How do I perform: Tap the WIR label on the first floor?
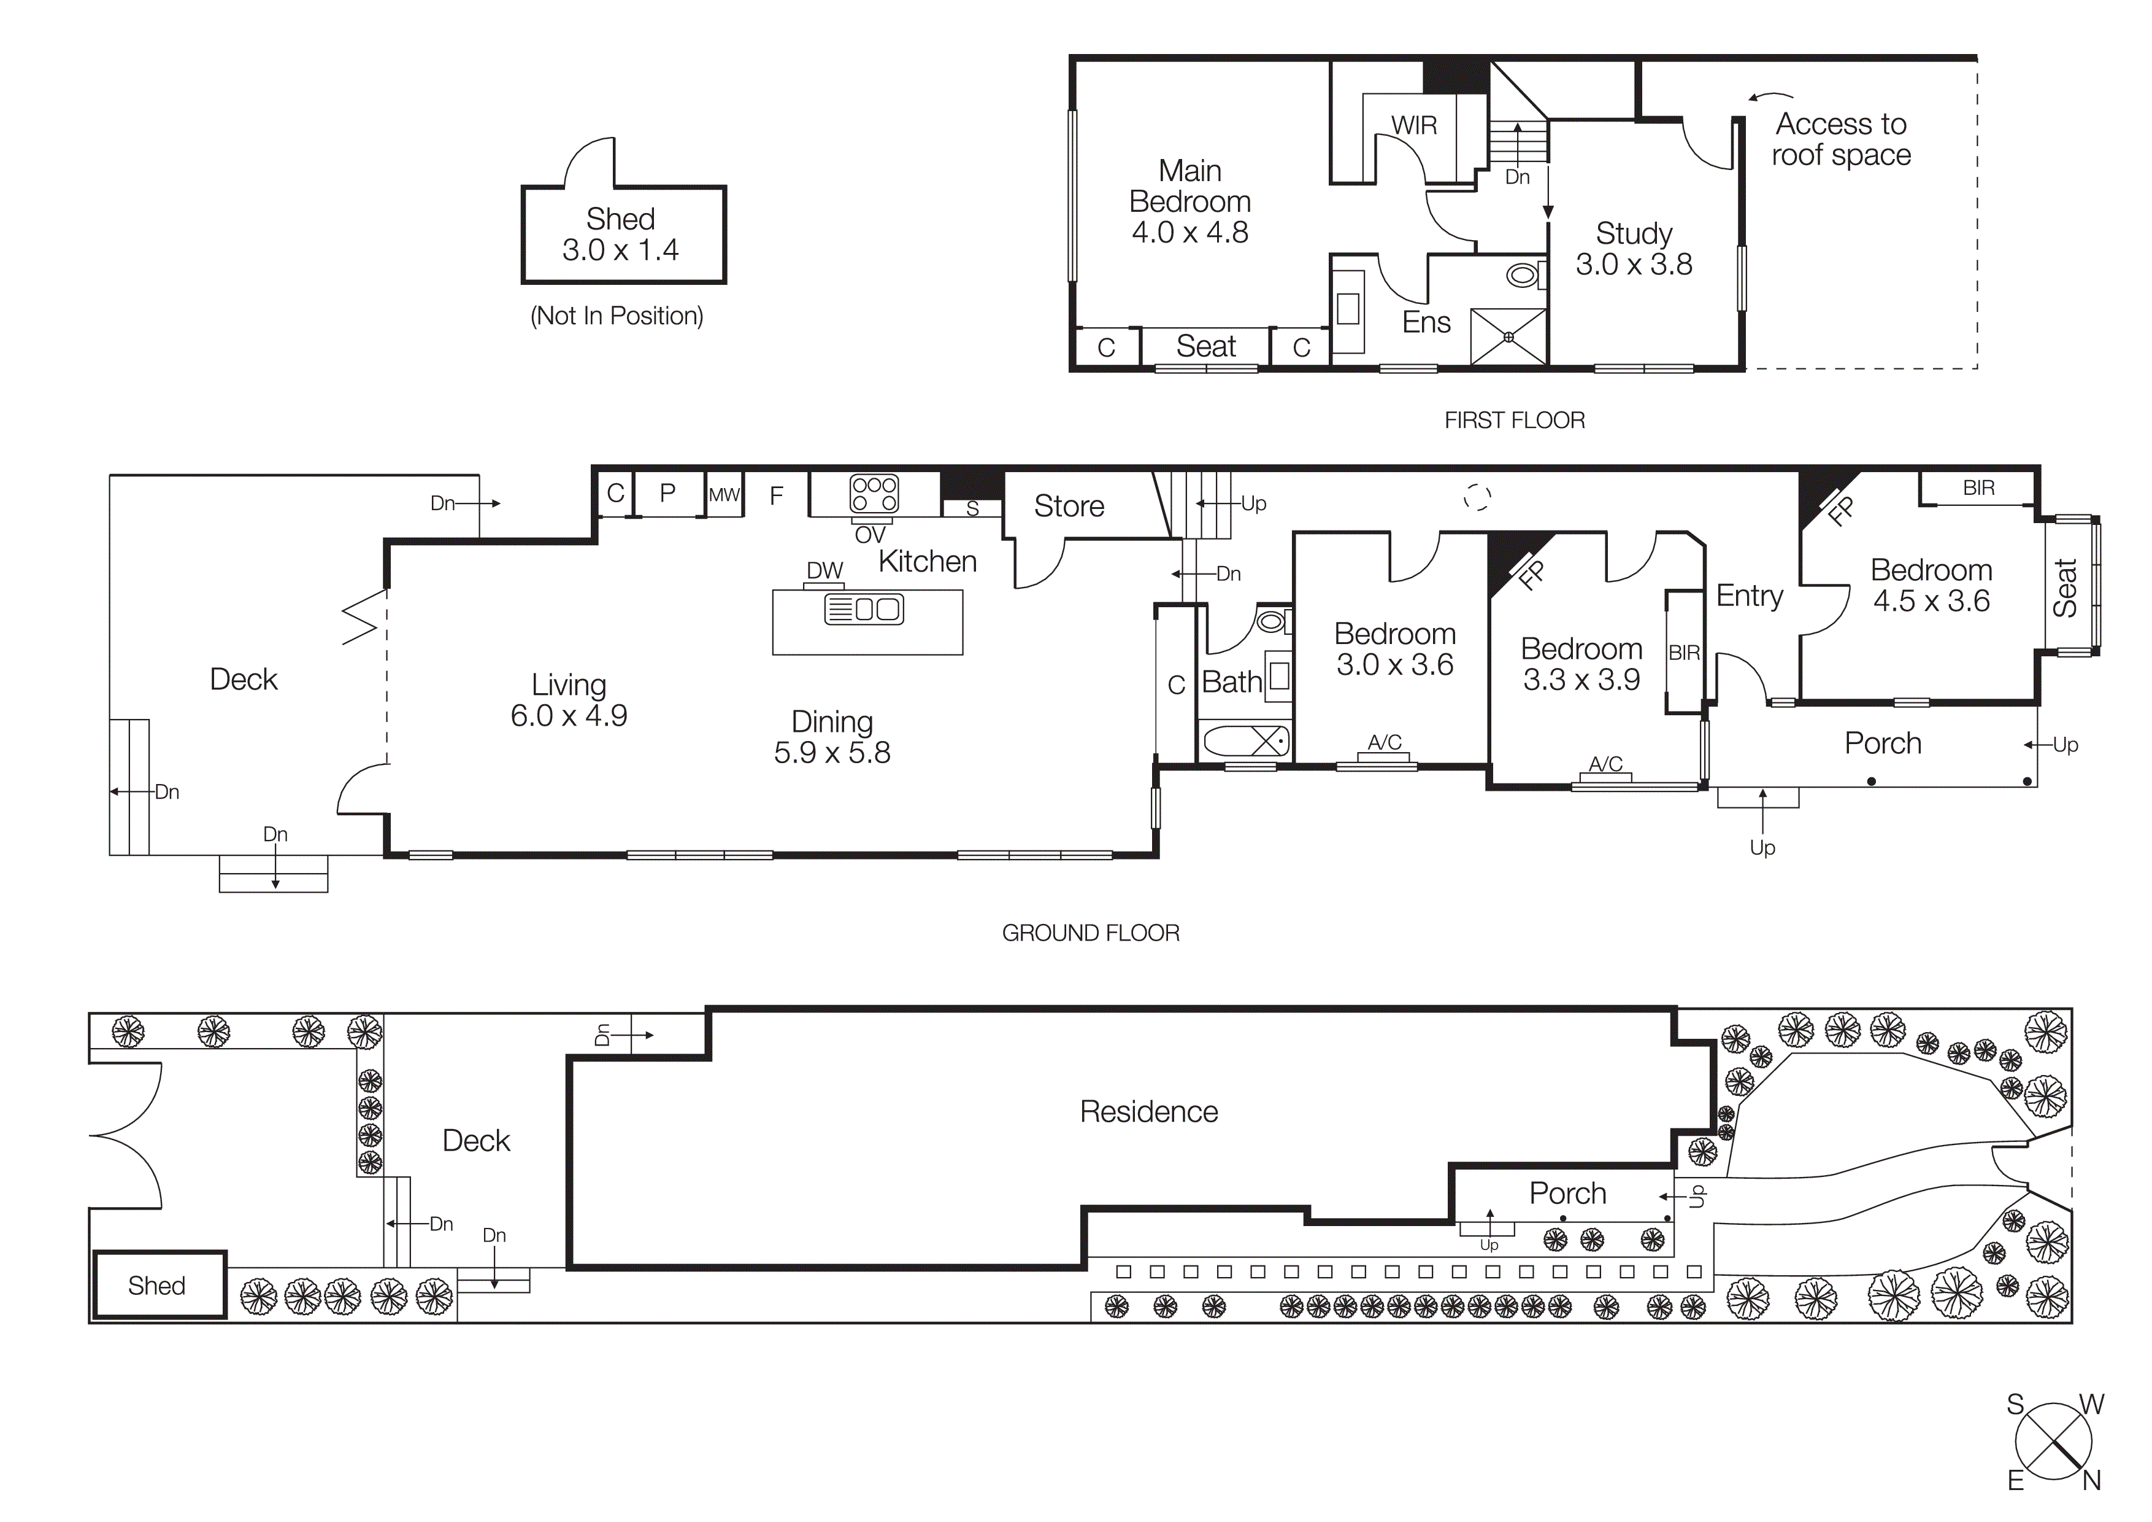coord(1413,126)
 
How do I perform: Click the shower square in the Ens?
coord(1508,336)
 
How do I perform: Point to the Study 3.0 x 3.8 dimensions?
coord(1634,265)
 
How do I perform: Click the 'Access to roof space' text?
coord(1841,139)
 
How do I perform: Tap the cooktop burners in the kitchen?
coord(874,493)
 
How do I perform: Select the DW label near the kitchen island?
coord(825,570)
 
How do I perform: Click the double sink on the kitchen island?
coord(864,610)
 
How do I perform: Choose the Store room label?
coord(1069,507)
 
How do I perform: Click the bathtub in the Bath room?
coord(1245,742)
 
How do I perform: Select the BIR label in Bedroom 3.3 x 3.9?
coord(1683,653)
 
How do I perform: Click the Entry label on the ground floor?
coord(1749,596)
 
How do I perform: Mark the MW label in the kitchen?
coord(724,494)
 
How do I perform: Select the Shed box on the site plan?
coord(158,1285)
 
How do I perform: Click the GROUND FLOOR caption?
coord(1090,933)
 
